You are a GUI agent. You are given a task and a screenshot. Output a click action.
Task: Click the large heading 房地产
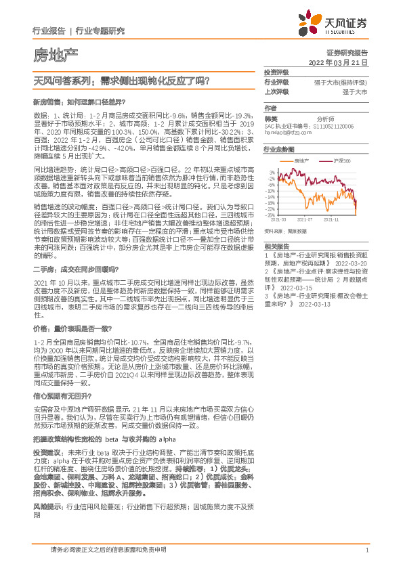[55, 54]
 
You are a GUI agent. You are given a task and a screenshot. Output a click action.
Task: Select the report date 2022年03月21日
[343, 62]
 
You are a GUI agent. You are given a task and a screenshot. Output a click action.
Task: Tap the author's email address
[291, 133]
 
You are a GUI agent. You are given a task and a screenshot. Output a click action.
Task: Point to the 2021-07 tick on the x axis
[305, 220]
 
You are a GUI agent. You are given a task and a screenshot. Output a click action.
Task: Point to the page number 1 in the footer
[366, 550]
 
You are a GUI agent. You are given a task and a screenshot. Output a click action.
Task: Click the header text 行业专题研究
[100, 31]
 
